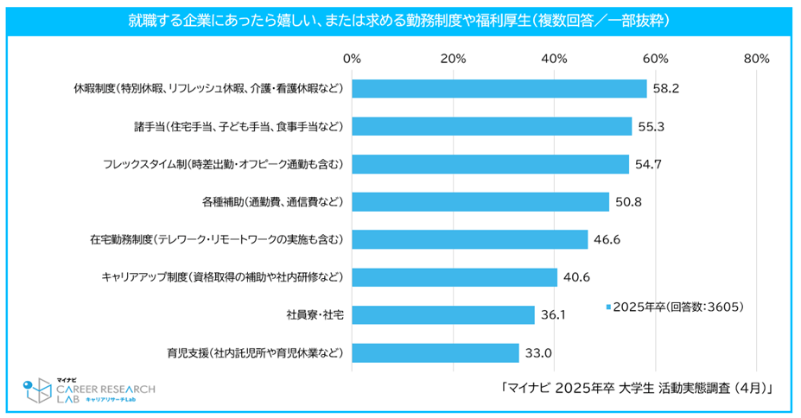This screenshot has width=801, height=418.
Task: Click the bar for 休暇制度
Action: click(x=499, y=89)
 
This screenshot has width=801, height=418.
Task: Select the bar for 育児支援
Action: click(x=435, y=353)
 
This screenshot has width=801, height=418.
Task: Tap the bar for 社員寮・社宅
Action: click(x=443, y=315)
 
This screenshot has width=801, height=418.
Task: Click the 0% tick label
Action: click(x=352, y=59)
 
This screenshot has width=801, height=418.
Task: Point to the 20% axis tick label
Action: click(x=453, y=59)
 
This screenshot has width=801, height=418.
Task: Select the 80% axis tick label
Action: click(x=756, y=59)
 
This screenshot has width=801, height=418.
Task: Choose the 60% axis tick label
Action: click(x=655, y=59)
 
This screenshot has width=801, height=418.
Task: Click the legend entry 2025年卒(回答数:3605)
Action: click(x=675, y=306)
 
